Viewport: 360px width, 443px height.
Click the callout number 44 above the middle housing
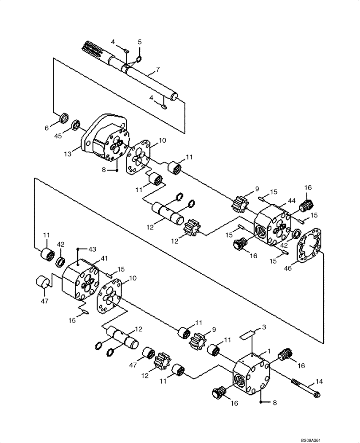[x=291, y=201]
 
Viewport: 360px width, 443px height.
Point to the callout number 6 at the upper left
[x=47, y=128]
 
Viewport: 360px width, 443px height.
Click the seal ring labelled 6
[x=64, y=118]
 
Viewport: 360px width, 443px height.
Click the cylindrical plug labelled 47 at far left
[x=42, y=282]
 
